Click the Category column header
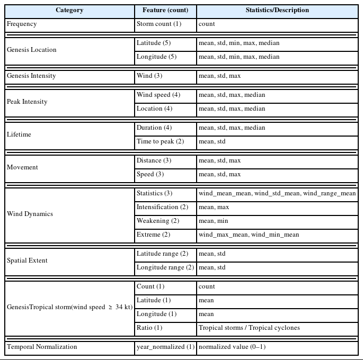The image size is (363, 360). pyautogui.click(x=69, y=10)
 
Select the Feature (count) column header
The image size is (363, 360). pyautogui.click(x=165, y=10)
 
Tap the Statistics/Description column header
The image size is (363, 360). pyautogui.click(x=277, y=10)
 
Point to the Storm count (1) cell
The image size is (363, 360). pyautogui.click(x=158, y=24)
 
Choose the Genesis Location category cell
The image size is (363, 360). pyautogui.click(x=31, y=50)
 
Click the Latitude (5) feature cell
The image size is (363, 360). pyautogui.click(x=153, y=43)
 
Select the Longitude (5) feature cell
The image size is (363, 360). pyautogui.click(x=156, y=57)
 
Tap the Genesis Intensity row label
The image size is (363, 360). pyautogui.click(x=31, y=76)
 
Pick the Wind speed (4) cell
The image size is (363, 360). pyautogui.click(x=158, y=95)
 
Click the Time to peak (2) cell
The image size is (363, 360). pyautogui.click(x=160, y=141)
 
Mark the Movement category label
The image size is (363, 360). pyautogui.click(x=22, y=167)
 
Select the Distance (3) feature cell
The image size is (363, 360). pyautogui.click(x=154, y=160)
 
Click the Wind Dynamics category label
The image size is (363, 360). pyautogui.click(x=30, y=214)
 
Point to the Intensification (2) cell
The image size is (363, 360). pyautogui.click(x=162, y=207)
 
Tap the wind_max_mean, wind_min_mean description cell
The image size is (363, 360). pyautogui.click(x=249, y=235)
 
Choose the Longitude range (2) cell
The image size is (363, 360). pyautogui.click(x=165, y=267)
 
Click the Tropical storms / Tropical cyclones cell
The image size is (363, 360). pyautogui.click(x=249, y=328)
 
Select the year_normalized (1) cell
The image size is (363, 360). pyautogui.click(x=165, y=347)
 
